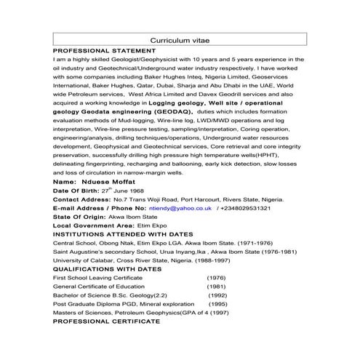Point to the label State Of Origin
81,217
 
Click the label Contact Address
81,198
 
